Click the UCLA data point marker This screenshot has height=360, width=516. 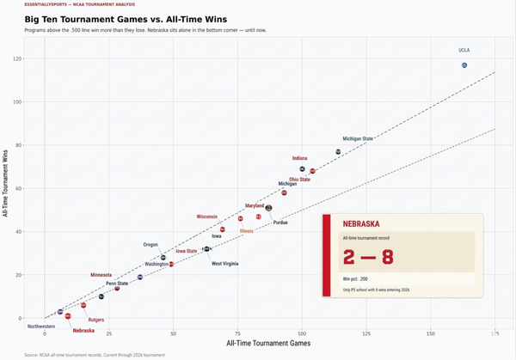[x=464, y=65]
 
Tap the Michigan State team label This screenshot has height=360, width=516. [x=358, y=138]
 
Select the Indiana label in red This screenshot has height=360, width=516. [x=299, y=158]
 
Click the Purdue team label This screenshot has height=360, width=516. [x=280, y=223]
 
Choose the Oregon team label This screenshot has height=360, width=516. [x=150, y=245]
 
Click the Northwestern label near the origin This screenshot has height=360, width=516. [x=41, y=326]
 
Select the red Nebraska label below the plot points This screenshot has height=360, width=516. [x=83, y=331]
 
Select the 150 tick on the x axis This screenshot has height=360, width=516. [x=430, y=332]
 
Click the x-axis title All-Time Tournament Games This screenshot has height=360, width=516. [x=267, y=343]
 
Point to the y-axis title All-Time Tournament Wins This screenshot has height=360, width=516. [x=6, y=182]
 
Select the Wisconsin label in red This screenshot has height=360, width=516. [x=212, y=217]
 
